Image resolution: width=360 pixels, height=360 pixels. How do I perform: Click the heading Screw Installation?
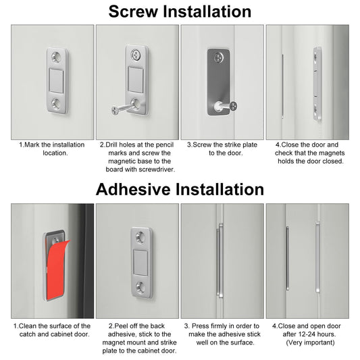pos(180,11)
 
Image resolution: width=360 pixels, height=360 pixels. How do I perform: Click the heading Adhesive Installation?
pos(180,189)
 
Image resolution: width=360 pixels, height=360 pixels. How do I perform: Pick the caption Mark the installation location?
pos(52,149)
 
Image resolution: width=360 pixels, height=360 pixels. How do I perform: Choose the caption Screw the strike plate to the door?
pos(222,149)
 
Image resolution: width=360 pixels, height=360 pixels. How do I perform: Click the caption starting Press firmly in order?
pos(222,334)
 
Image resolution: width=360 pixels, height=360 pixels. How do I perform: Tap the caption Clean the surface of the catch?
pos(52,330)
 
